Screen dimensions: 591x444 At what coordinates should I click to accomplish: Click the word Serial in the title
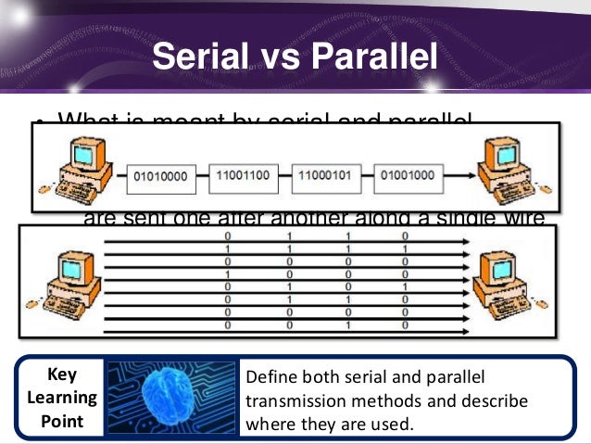coord(201,57)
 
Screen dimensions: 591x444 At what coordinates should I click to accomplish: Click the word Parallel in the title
coord(375,57)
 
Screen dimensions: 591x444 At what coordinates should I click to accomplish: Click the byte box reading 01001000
coord(408,174)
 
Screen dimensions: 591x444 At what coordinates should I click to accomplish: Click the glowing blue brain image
coord(171,396)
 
